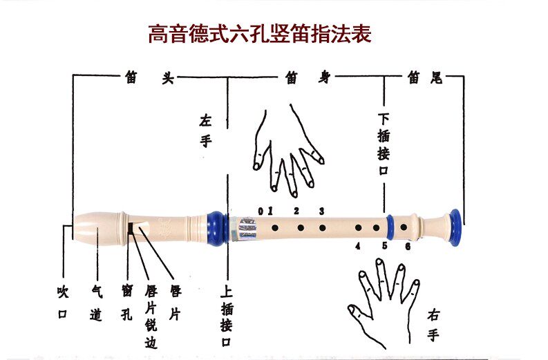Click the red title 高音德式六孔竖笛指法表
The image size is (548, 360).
point(259,33)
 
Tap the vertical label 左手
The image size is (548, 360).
point(205,131)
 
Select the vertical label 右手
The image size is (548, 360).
point(433,325)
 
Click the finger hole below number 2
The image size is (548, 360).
point(299,227)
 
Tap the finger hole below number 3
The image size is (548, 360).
point(321,227)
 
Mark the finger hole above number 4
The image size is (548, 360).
point(359,227)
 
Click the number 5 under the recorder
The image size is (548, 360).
point(384,245)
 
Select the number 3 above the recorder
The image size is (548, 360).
point(321,211)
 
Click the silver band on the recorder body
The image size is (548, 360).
point(247,229)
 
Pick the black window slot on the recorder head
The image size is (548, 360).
point(129,227)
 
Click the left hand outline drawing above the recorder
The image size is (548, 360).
point(287,152)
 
